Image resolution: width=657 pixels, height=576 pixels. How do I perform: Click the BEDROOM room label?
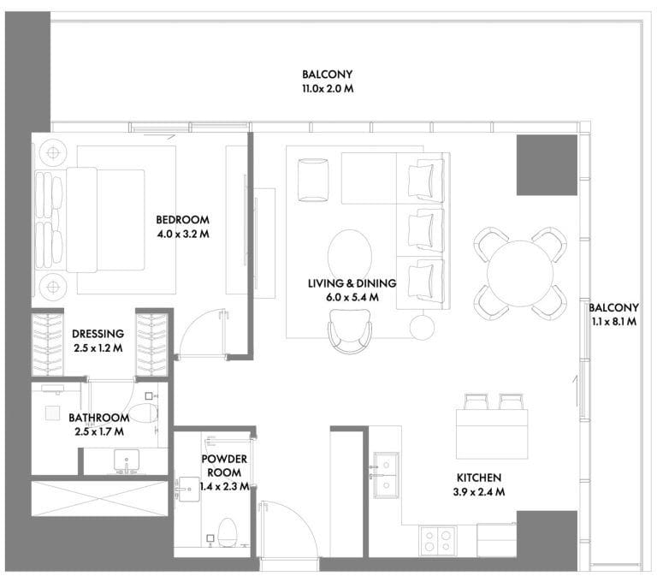(183, 220)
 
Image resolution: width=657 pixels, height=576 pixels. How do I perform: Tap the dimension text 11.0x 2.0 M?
(328, 89)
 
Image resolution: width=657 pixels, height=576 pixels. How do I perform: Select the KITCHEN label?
(479, 478)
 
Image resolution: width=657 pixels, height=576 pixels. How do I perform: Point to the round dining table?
(519, 273)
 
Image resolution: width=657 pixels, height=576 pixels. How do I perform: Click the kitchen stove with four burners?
(438, 541)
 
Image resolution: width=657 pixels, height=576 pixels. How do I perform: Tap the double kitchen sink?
(387, 475)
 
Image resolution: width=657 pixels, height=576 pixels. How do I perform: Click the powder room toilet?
(228, 532)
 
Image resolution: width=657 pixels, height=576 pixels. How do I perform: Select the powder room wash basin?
(187, 489)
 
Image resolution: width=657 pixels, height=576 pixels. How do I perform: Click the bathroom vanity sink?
(126, 461)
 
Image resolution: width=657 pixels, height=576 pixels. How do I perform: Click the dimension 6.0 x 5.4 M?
(352, 298)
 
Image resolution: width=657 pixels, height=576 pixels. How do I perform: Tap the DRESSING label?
(98, 334)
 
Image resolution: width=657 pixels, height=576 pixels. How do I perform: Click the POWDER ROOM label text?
(224, 466)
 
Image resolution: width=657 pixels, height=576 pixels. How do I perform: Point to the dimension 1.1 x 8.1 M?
(614, 322)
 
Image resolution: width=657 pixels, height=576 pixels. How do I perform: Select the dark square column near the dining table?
(547, 165)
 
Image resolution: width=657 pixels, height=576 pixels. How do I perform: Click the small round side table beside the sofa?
(422, 328)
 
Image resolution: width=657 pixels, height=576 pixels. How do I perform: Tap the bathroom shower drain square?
(52, 413)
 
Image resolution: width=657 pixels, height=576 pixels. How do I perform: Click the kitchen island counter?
(492, 434)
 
